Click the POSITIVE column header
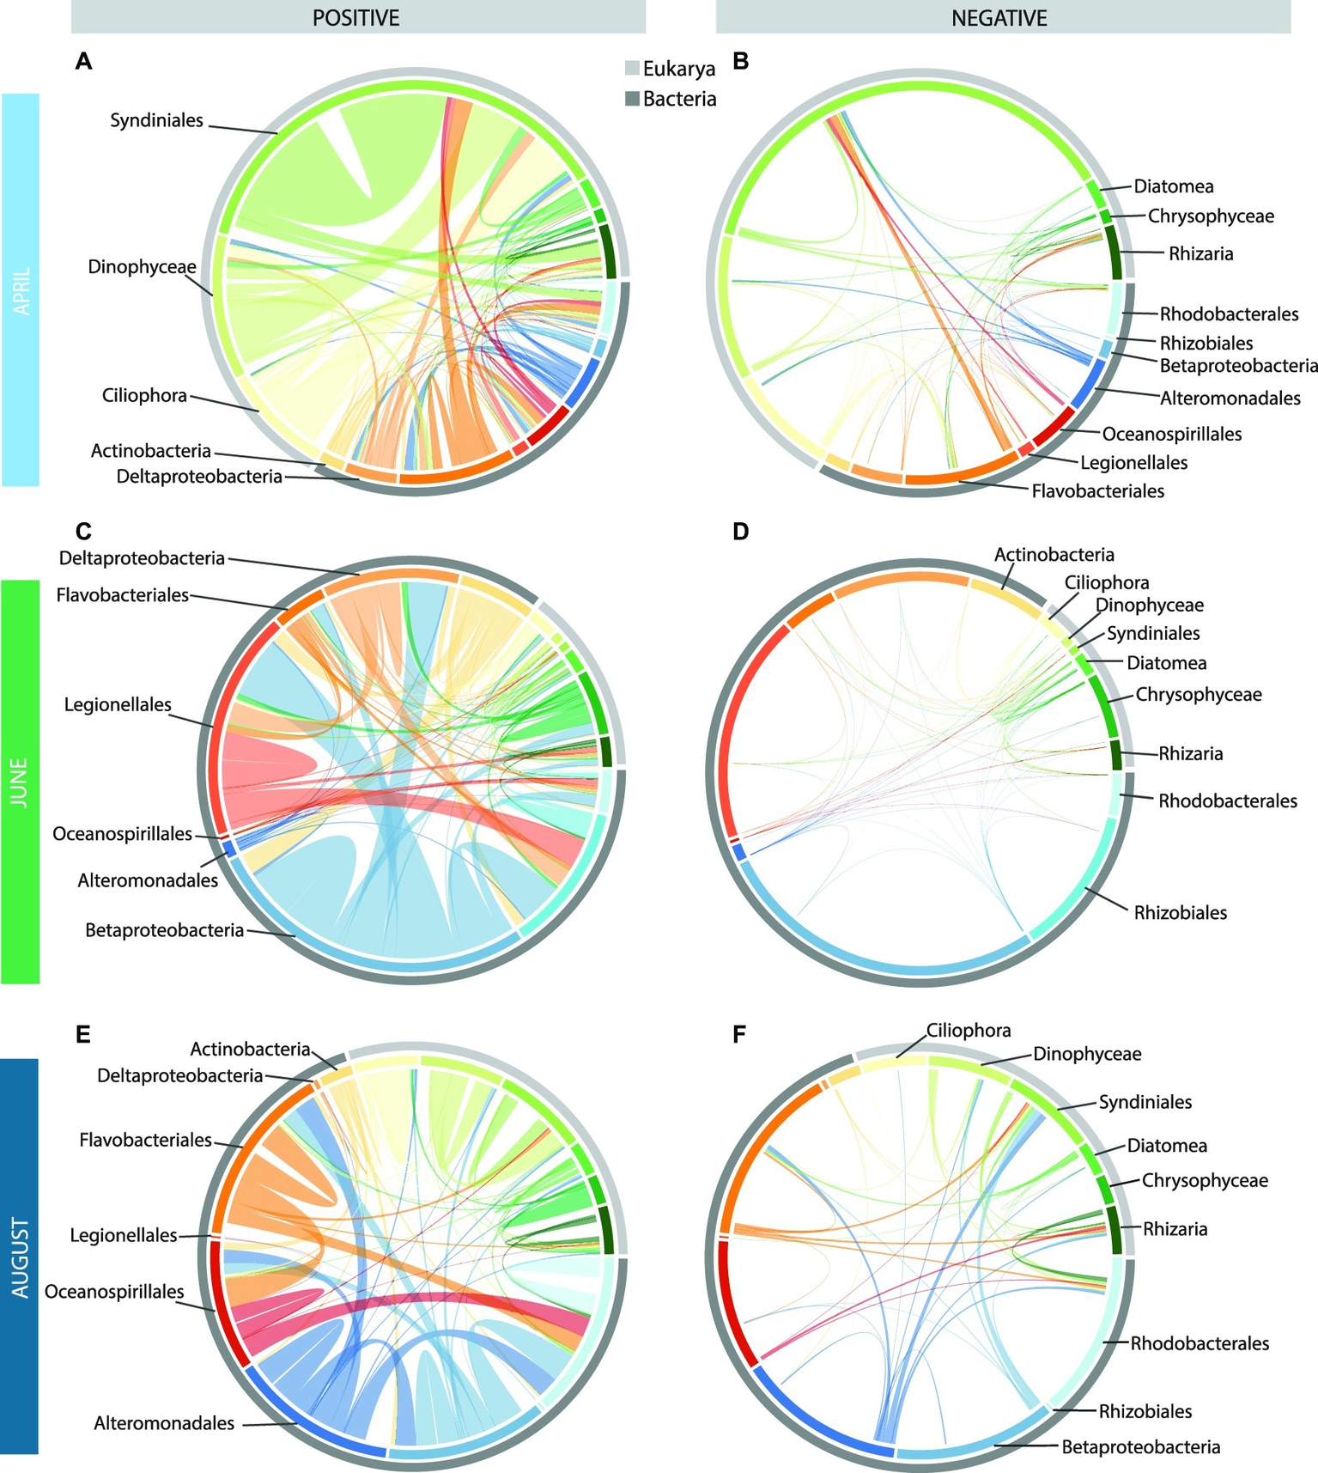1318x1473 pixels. [x=356, y=17]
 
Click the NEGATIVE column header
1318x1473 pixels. [x=999, y=17]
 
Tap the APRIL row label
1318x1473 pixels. [x=20, y=290]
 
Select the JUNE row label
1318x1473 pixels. [x=20, y=781]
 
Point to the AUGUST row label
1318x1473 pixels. [x=20, y=1257]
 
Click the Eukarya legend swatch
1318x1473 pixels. [x=632, y=69]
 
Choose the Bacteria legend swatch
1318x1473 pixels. [x=632, y=99]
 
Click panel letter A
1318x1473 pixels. [x=83, y=61]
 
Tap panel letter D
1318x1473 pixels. [x=740, y=532]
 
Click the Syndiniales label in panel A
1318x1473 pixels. [x=156, y=120]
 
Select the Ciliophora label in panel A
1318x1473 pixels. [x=144, y=396]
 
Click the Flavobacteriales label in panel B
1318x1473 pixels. [x=1097, y=491]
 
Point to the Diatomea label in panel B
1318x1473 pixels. [x=1173, y=186]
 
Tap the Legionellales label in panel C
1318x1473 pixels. [x=118, y=705]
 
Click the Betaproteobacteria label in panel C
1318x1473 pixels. [x=164, y=930]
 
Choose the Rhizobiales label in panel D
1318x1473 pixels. [x=1180, y=912]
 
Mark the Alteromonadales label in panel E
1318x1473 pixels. [x=164, y=1423]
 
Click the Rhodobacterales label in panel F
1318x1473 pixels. [x=1199, y=1342]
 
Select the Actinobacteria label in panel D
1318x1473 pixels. [x=1054, y=555]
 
